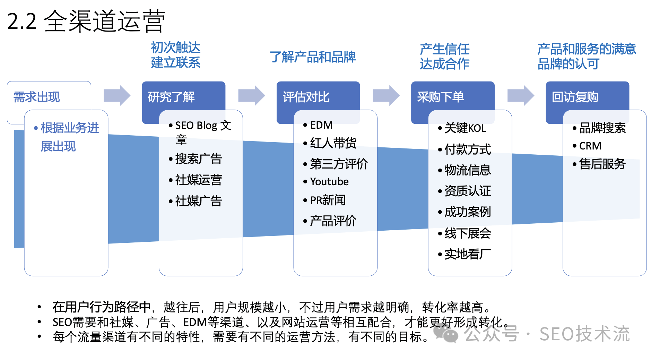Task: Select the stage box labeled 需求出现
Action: coord(37,97)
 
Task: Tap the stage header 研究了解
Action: coord(172,97)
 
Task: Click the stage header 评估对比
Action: coord(306,97)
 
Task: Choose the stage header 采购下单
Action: coord(441,97)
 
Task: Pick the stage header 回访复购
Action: coord(575,97)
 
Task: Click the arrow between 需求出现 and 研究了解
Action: coord(117,95)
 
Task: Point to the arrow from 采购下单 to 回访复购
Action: coord(521,95)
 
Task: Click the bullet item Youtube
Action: coord(329,181)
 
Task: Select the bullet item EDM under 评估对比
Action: coord(321,125)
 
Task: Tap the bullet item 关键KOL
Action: coord(465,128)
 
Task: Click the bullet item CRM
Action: coord(590,146)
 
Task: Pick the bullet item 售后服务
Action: coord(602,164)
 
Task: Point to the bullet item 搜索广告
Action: coord(198,159)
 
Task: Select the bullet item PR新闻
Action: coord(328,200)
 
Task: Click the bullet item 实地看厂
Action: coord(467,254)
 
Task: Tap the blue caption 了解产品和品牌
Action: coord(313,57)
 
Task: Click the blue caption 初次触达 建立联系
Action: coord(175,55)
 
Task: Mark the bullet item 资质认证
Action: coord(467,191)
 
